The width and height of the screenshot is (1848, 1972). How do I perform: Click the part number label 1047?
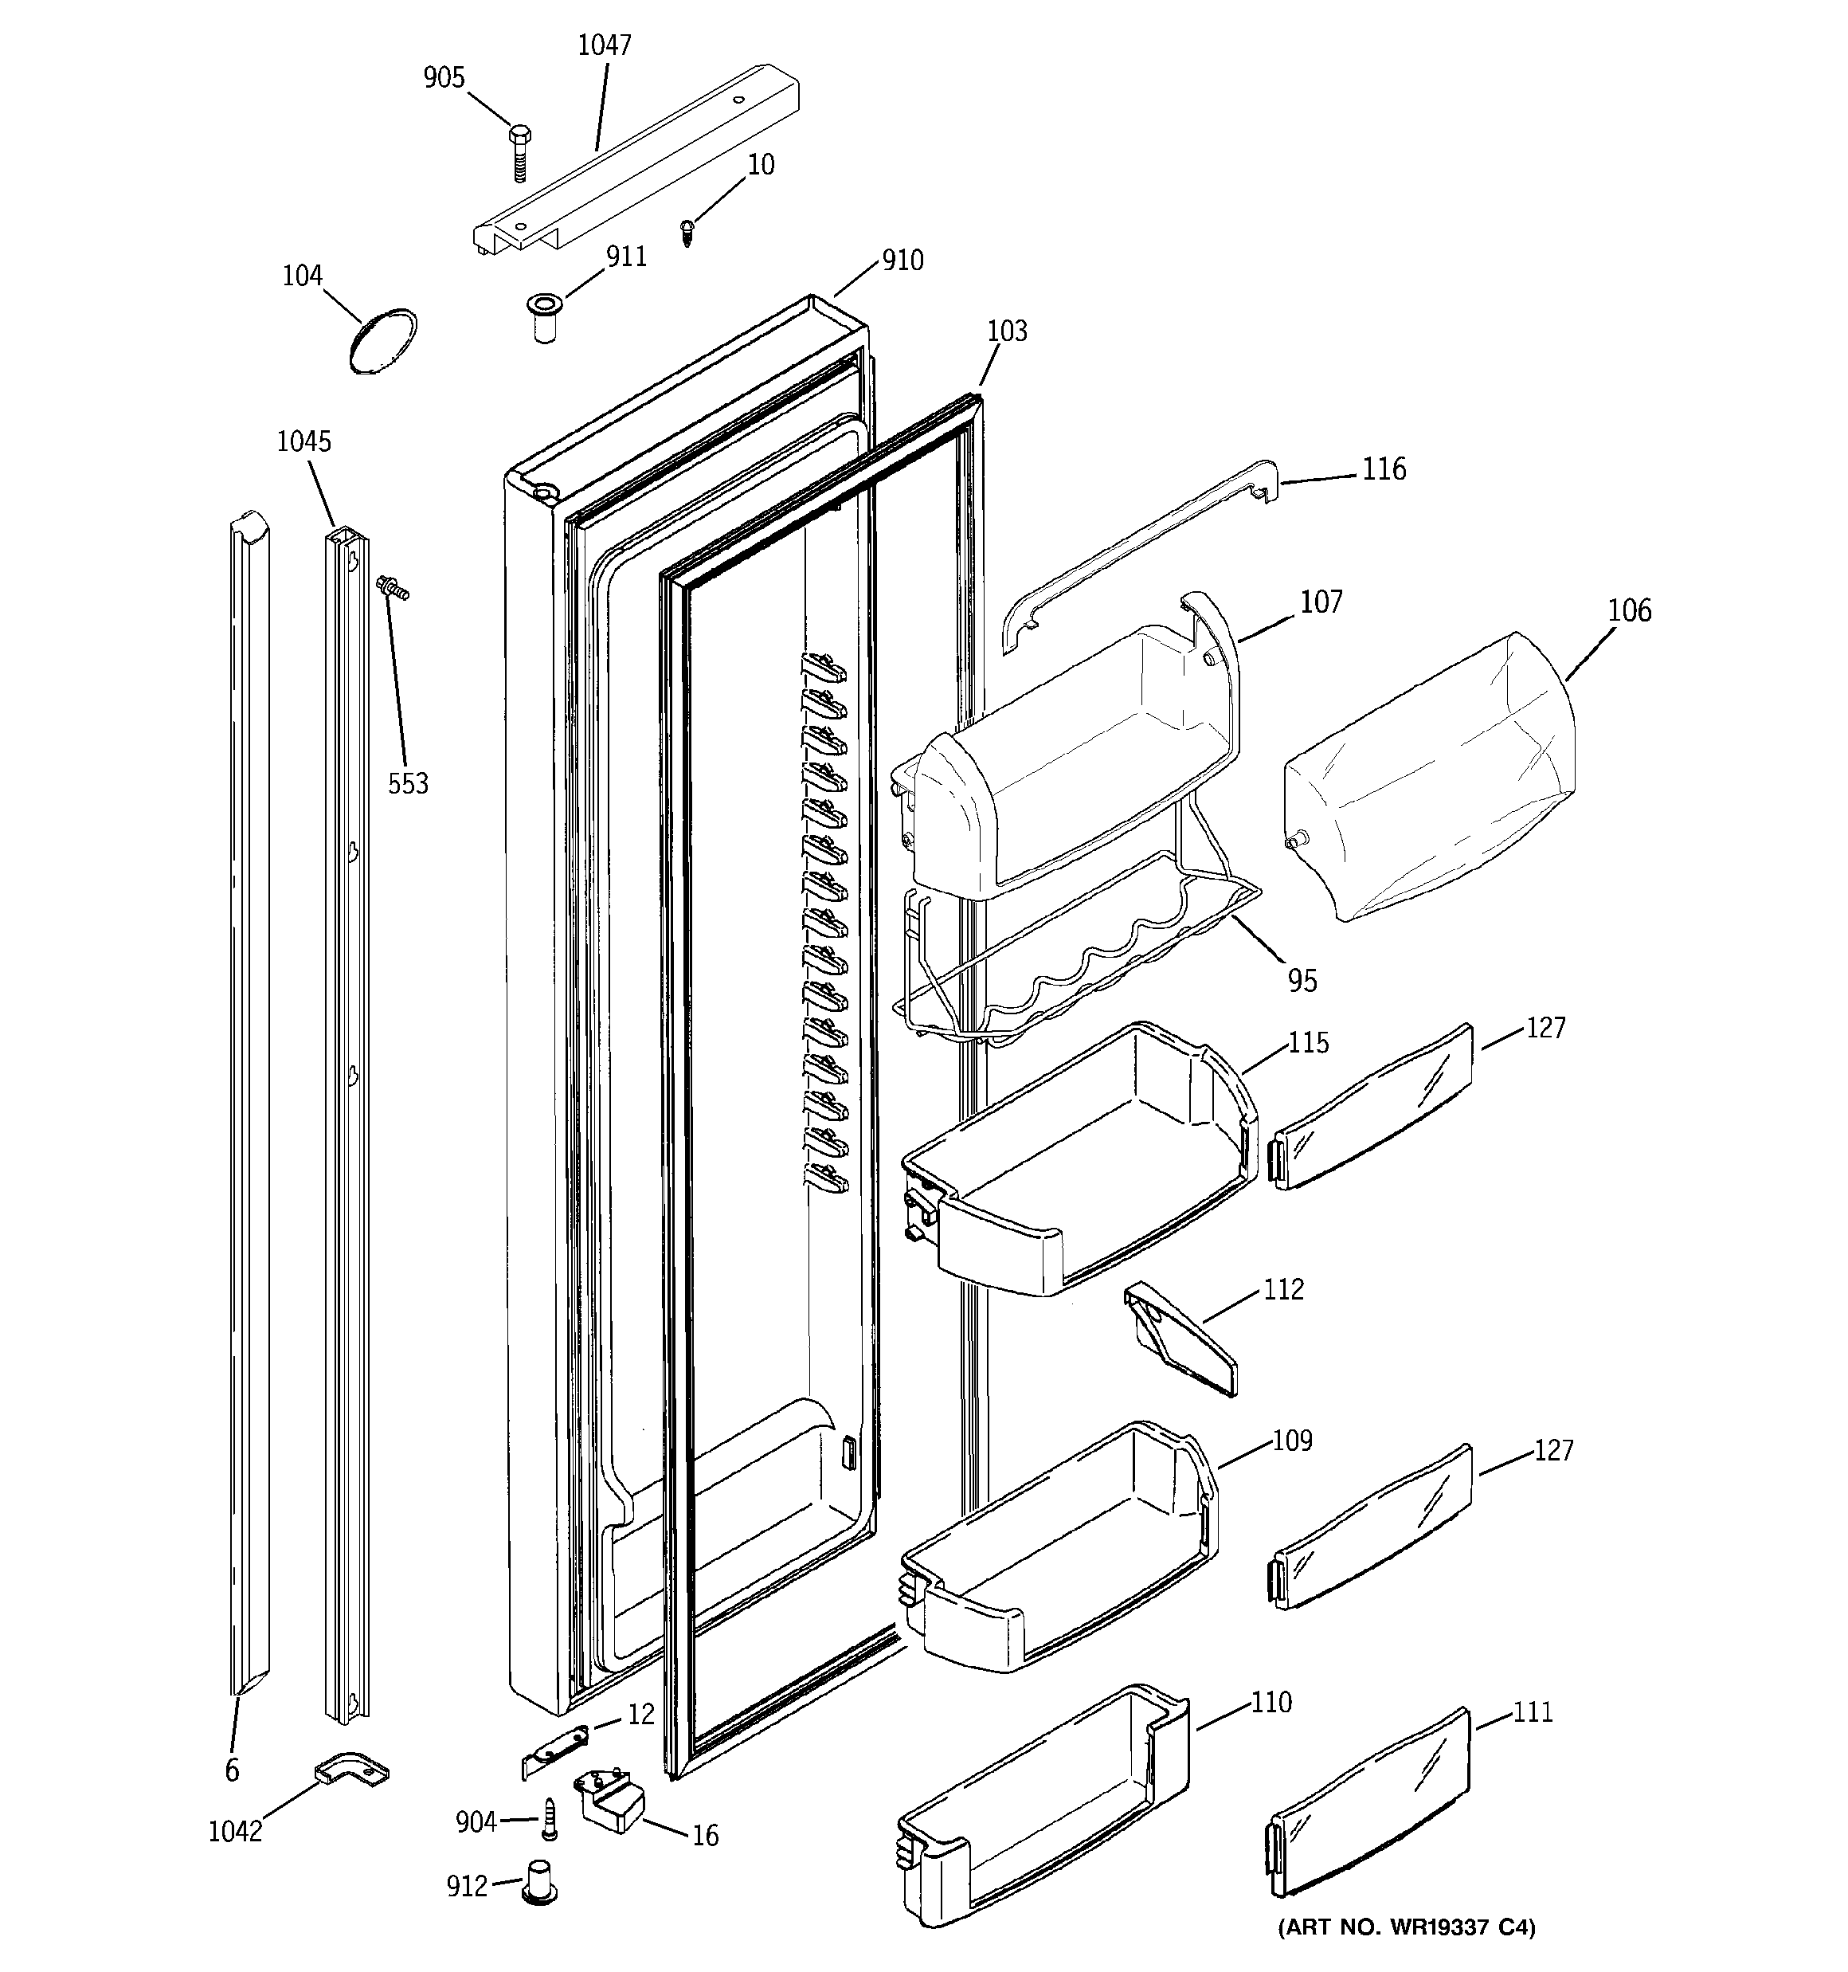(x=604, y=45)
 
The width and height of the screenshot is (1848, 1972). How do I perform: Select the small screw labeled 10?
(x=687, y=231)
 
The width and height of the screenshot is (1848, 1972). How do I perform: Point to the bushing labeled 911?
(x=543, y=316)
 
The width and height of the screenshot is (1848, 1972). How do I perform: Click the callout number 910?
(x=902, y=260)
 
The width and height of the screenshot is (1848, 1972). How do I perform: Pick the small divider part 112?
(x=1180, y=1339)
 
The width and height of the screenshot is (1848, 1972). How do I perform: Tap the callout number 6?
(x=232, y=1770)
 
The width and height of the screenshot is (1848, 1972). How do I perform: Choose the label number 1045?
(x=303, y=441)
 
